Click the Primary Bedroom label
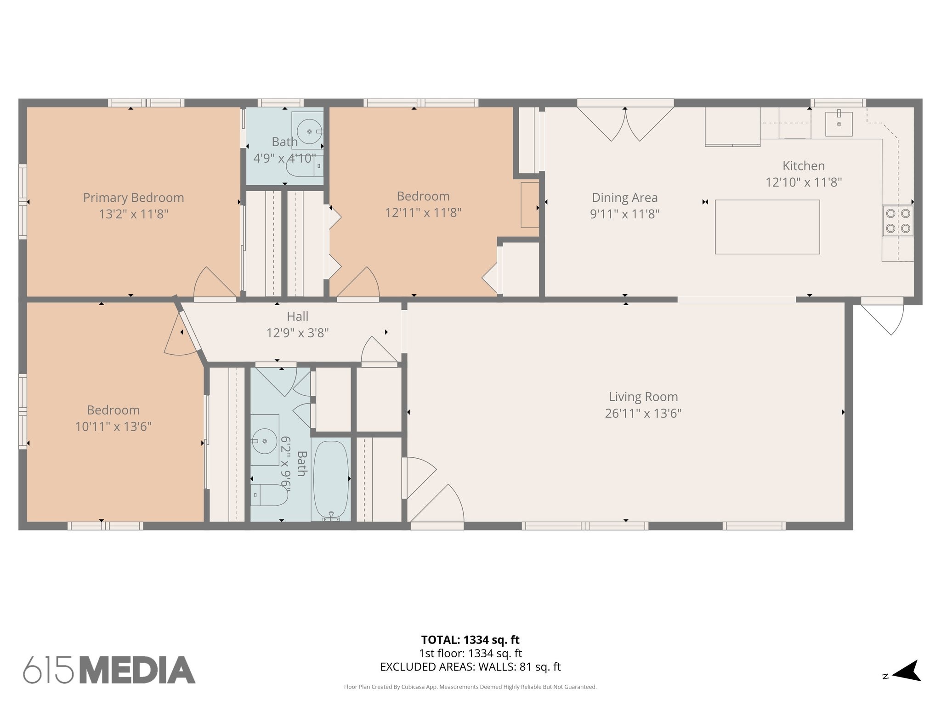133,198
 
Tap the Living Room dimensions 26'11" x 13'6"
643,413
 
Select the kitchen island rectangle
767,227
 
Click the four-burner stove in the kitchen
898,221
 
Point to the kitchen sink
839,124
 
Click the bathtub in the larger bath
331,481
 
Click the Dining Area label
624,198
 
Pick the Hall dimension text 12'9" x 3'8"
297,333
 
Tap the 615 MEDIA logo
109,670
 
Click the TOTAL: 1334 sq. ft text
470,640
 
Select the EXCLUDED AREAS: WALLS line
470,667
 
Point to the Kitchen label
804,166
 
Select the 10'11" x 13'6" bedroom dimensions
113,427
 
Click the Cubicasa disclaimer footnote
470,687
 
